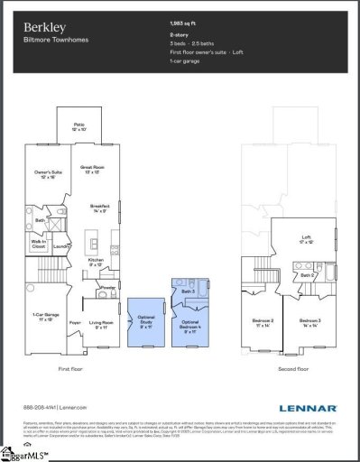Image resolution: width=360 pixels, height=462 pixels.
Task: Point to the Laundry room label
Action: tap(61, 245)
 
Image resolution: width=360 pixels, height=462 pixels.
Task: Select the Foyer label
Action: tap(75, 322)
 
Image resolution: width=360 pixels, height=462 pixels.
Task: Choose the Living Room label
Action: tap(100, 322)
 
